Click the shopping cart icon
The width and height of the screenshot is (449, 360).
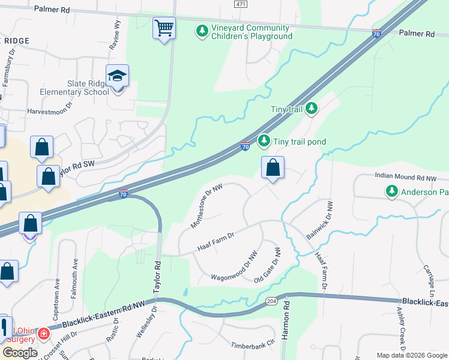(164, 28)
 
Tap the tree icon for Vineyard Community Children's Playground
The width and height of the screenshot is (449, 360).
(202, 29)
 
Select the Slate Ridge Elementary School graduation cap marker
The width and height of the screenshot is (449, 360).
(117, 76)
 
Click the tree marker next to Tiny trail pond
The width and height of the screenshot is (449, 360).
(264, 141)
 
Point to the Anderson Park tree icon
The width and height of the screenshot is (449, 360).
(391, 191)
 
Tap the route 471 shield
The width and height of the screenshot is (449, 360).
(240, 4)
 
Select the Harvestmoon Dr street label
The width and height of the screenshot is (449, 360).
(49, 112)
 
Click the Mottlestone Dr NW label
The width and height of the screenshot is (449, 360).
(207, 206)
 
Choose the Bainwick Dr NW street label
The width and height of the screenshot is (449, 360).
(319, 220)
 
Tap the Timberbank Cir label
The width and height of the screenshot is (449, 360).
(253, 346)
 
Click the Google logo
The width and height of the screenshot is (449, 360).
(20, 353)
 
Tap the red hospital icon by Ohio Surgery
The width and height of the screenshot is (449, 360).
(43, 334)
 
